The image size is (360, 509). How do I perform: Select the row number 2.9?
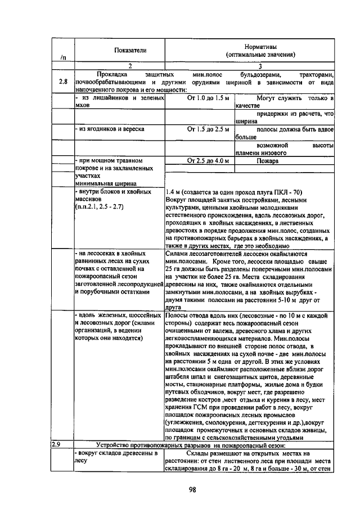click(56, 444)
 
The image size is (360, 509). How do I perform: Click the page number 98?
click(192, 489)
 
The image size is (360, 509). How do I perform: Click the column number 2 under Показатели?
click(130, 66)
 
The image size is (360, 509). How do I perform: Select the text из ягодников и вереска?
click(110, 129)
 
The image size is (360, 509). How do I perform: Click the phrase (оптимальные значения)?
click(260, 55)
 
